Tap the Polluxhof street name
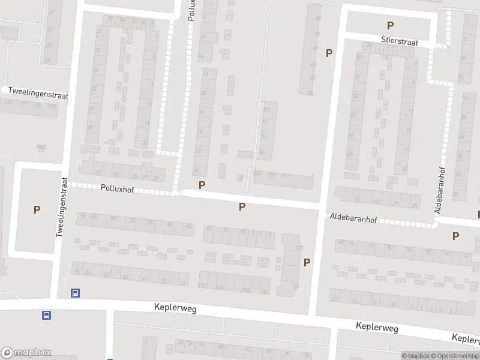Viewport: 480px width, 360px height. pyautogui.click(x=117, y=188)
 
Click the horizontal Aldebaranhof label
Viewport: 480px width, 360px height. pyautogui.click(x=353, y=220)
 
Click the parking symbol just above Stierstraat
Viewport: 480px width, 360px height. pyautogui.click(x=391, y=25)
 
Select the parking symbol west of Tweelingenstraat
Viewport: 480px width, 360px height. pyautogui.click(x=37, y=210)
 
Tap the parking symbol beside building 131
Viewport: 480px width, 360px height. pyautogui.click(x=307, y=262)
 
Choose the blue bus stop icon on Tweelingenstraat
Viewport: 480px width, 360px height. pyautogui.click(x=76, y=293)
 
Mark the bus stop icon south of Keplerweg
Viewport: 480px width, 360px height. pyautogui.click(x=46, y=315)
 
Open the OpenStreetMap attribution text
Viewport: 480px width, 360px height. pyautogui.click(x=454, y=356)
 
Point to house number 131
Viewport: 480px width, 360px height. pyautogui.click(x=295, y=286)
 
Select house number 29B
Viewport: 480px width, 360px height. pyautogui.click(x=245, y=290)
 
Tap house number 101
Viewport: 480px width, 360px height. pyautogui.click(x=266, y=110)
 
